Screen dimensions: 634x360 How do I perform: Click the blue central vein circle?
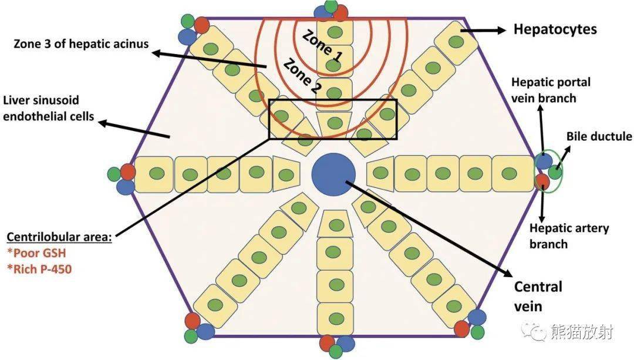(333, 174)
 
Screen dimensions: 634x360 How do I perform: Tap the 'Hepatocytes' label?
(555, 29)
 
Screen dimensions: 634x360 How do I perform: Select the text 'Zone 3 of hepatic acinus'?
(81, 43)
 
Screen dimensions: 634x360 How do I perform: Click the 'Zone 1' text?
(322, 46)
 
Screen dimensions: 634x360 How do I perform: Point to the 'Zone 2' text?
(301, 76)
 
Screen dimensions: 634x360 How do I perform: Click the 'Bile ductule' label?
(599, 136)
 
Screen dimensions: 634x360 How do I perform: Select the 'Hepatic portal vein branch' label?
(551, 90)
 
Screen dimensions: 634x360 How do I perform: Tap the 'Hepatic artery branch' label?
(569, 236)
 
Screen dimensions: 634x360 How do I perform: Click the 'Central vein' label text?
(538, 296)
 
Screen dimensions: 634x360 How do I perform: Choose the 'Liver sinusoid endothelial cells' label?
(49, 108)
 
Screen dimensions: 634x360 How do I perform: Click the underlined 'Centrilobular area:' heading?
(59, 237)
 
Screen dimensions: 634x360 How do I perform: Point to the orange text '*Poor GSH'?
(36, 253)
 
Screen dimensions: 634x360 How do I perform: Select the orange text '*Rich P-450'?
(39, 269)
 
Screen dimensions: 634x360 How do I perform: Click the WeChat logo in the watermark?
(534, 331)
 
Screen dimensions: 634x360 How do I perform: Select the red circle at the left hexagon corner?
(127, 172)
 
